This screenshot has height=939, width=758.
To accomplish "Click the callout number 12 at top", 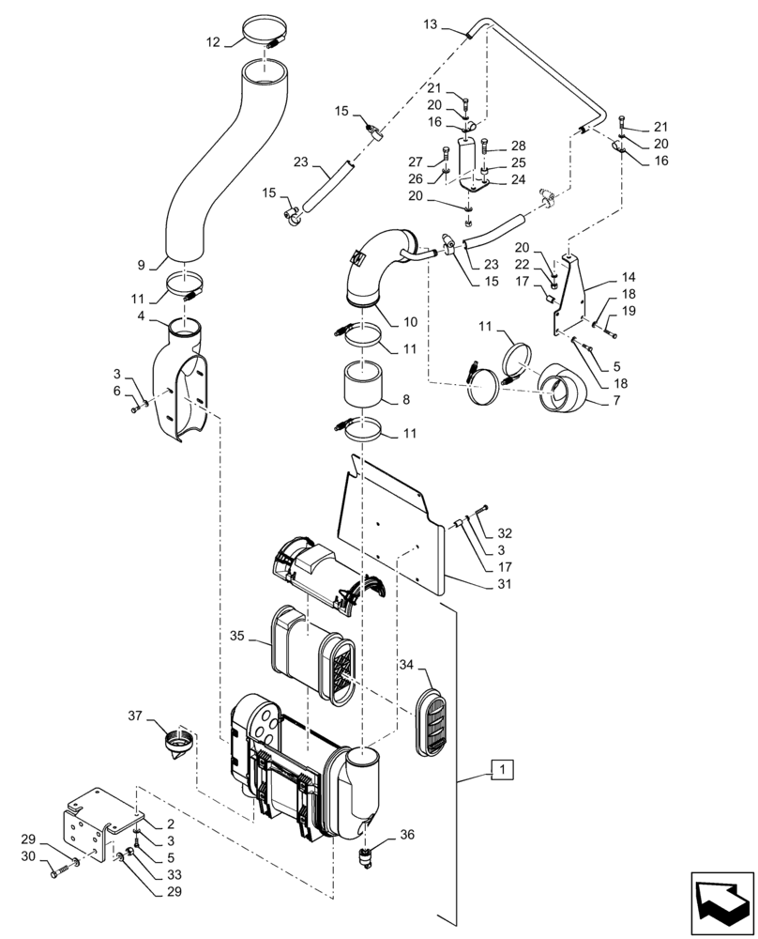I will [x=214, y=42].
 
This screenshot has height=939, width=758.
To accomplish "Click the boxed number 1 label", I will [x=504, y=771].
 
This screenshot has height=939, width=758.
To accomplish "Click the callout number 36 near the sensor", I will [x=406, y=833].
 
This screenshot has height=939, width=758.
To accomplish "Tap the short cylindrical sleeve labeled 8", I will [x=359, y=387].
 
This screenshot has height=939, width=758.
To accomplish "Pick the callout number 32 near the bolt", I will [x=506, y=533].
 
